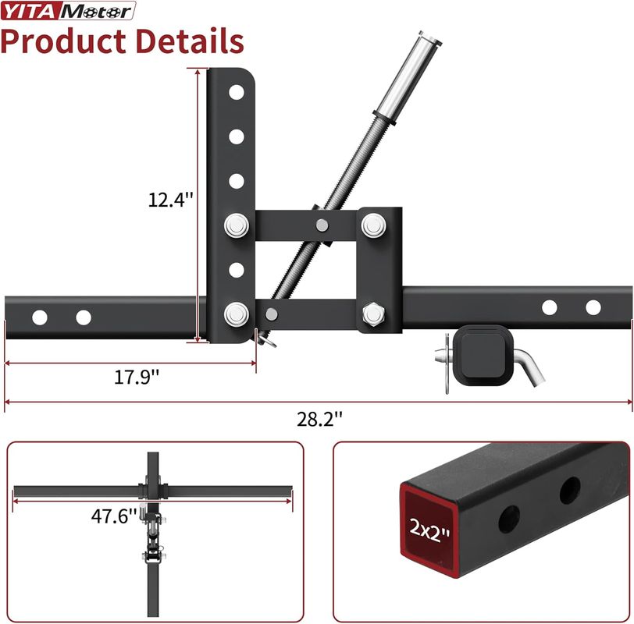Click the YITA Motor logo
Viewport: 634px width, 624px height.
68,11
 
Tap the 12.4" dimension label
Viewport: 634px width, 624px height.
170,200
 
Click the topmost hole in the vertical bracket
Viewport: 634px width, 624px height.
235,92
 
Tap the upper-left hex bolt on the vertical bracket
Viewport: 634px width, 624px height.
235,226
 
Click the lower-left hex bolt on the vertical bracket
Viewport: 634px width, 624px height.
235,314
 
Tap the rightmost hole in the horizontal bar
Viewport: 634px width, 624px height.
593,307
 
